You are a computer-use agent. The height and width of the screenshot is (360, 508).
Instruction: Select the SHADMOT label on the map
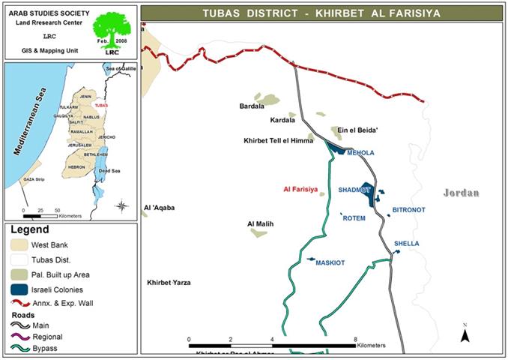coord(355,190)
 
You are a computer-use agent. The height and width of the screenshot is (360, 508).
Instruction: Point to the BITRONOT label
coord(409,211)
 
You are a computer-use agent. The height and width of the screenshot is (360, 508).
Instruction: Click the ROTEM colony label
coord(353,218)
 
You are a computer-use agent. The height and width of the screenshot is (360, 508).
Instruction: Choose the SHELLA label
coord(407,244)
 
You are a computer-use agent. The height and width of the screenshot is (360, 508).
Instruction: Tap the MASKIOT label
coord(330,263)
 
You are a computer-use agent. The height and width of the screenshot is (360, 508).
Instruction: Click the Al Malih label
coord(260,223)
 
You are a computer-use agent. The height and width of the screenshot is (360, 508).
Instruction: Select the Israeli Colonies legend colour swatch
coord(20,289)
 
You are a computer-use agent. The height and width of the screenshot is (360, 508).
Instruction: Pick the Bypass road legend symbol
coord(20,349)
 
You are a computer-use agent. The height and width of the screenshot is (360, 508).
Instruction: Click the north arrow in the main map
coord(465,334)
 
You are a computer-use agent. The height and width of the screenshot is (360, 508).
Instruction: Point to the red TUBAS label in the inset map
coord(103,106)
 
